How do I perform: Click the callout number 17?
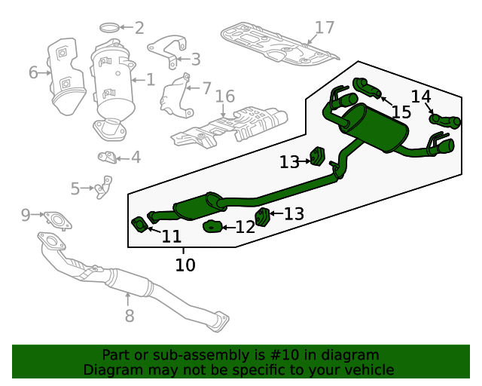tap(324, 28)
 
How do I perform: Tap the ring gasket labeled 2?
tap(110, 29)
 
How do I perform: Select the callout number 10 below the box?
tap(185, 265)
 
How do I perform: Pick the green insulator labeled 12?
tap(212, 226)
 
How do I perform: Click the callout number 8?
tap(129, 317)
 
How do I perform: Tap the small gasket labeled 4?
tap(108, 158)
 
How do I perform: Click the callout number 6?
tap(33, 72)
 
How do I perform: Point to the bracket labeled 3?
tap(167, 49)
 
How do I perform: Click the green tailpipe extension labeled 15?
tap(368, 88)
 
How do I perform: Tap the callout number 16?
tap(225, 96)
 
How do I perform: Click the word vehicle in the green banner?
tap(366, 370)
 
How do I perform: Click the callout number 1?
tap(150, 79)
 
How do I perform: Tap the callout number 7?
tap(206, 87)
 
